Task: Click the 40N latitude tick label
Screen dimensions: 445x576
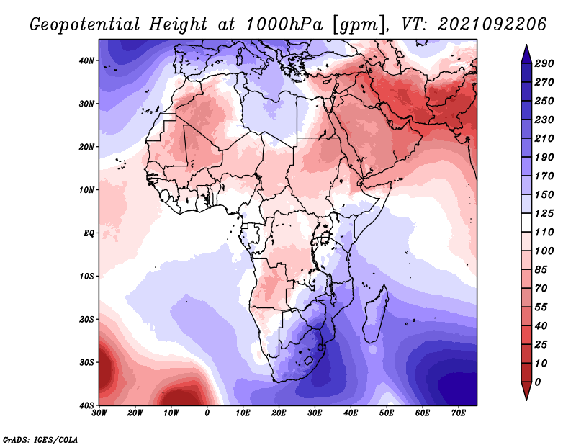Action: coord(86,60)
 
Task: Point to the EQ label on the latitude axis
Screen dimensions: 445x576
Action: coord(89,233)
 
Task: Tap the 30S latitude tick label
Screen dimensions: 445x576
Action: coord(86,362)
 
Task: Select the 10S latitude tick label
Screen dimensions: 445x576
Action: coord(86,276)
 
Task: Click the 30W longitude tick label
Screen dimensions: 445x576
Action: coord(99,413)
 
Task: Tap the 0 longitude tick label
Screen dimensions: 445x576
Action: coord(207,413)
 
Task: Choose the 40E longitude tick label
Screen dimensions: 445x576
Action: coord(351,413)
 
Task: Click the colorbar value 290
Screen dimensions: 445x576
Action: coord(544,63)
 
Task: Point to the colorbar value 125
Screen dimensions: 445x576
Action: coord(544,213)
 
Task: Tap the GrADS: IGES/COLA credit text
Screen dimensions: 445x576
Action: coord(40,439)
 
